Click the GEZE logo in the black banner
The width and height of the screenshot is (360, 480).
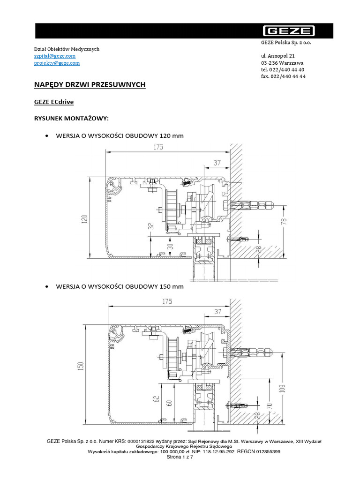tap(288, 31)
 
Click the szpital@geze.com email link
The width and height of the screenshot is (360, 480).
tap(55, 56)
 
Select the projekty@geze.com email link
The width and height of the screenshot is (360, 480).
tap(57, 63)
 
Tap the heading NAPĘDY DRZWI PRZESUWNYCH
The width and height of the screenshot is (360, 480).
tap(90, 84)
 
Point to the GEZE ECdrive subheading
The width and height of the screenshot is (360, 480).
tap(54, 101)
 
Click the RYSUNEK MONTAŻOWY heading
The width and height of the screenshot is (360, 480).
tap(71, 118)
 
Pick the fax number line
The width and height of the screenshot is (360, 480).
tap(284, 76)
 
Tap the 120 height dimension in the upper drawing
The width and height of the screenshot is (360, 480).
tap(84, 218)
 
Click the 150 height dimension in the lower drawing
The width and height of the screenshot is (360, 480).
tap(80, 366)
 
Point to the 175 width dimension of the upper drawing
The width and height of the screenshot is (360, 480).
tap(157, 147)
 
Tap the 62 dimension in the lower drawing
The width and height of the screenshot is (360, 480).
tap(156, 399)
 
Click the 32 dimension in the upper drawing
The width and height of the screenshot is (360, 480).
tap(150, 225)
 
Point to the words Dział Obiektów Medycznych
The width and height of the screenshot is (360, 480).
tap(67, 49)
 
